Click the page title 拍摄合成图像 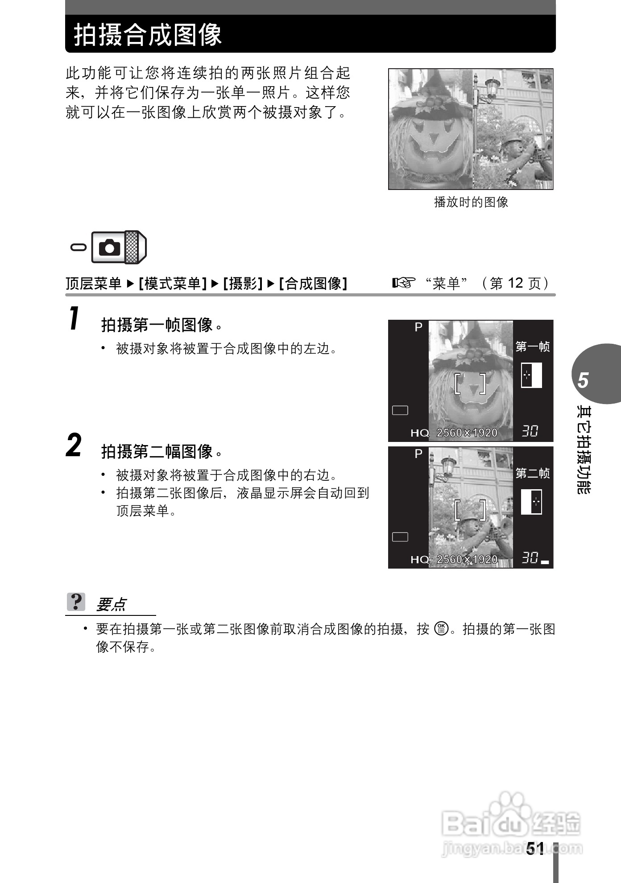[148, 35]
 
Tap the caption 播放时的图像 [471, 202]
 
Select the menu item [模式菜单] [173, 283]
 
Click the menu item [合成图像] [313, 283]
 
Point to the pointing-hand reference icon [403, 282]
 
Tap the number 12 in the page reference [515, 283]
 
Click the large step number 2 [74, 445]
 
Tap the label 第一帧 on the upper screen [532, 347]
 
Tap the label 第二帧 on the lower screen [532, 473]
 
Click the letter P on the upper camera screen [418, 327]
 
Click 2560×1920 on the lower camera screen [467, 559]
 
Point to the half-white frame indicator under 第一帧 [531, 375]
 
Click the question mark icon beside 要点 [76, 602]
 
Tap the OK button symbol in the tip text [441, 629]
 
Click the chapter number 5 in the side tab [583, 380]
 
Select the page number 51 [535, 848]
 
